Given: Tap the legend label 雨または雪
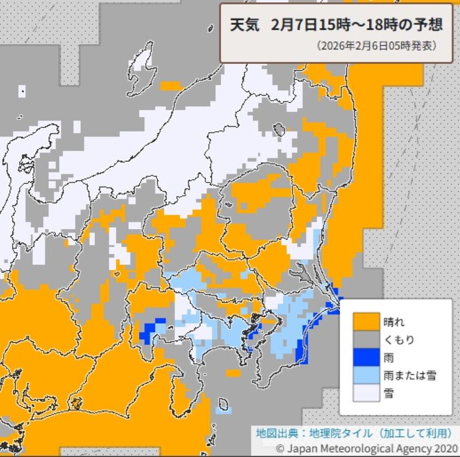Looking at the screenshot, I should [409, 375].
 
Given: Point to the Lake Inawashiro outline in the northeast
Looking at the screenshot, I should [280, 129].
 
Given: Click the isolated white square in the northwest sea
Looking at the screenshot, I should [22, 90].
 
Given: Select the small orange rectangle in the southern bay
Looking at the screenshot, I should [233, 373].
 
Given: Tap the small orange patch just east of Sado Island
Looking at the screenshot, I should [170, 86].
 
